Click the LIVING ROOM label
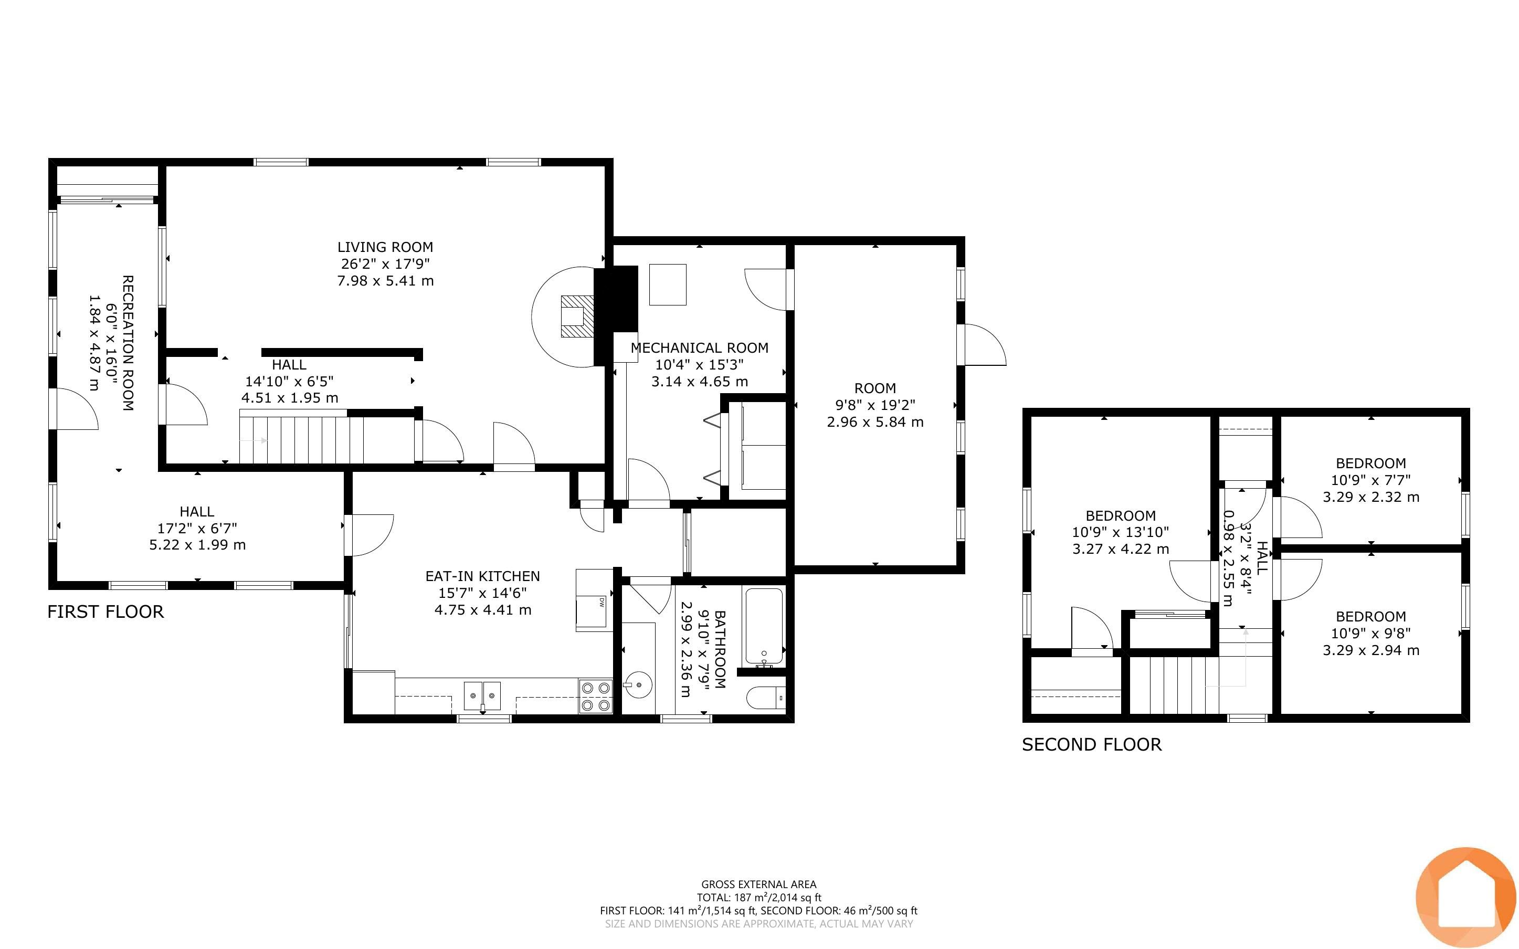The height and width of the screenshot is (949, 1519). (x=385, y=247)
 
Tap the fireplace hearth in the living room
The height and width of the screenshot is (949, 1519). (x=577, y=317)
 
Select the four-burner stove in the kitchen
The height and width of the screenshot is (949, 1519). (x=595, y=696)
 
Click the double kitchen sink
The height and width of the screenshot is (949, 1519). (x=482, y=695)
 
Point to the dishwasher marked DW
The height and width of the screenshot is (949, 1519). (x=594, y=600)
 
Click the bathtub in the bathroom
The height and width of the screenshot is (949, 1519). (x=764, y=627)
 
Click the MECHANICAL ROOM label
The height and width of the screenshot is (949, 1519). (x=700, y=347)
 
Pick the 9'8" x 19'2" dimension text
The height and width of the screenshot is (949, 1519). (x=875, y=405)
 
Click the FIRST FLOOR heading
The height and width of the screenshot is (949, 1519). (x=106, y=612)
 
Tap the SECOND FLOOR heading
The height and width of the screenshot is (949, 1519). (x=1092, y=745)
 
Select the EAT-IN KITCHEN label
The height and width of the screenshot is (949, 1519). (x=482, y=576)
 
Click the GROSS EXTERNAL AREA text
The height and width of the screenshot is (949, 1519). (x=759, y=884)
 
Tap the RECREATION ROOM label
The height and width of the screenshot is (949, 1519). (x=128, y=343)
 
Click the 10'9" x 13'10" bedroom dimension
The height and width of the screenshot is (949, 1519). (x=1121, y=532)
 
